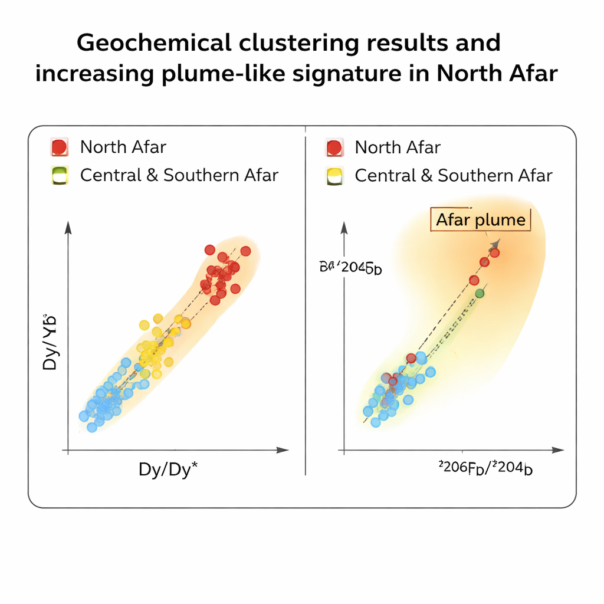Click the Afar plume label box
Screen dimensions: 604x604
pos(481,220)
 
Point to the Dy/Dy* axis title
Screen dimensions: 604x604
pos(168,470)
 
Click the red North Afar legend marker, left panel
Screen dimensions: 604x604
pos(59,147)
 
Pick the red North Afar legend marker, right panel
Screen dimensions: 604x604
pos(334,147)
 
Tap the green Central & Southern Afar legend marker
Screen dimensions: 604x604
pos(59,175)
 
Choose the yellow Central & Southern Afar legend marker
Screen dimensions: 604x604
pos(334,175)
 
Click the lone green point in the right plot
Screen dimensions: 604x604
pos(480,293)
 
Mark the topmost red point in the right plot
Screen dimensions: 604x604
pos(494,252)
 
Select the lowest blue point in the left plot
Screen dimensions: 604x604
pos(92,427)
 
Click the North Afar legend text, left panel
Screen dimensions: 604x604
pos(123,147)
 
